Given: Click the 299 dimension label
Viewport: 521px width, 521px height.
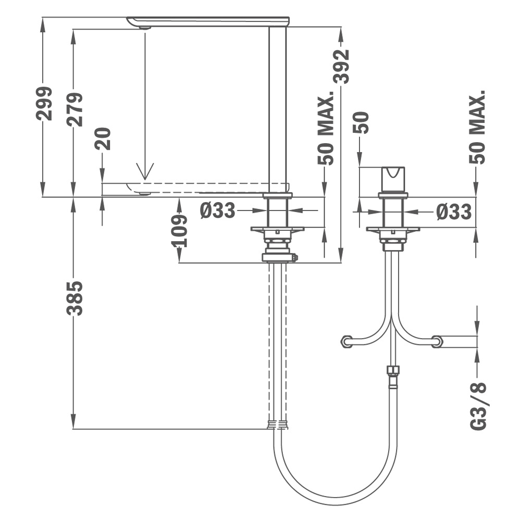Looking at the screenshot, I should [x=45, y=103].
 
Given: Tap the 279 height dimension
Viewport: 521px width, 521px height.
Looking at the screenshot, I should [x=75, y=109].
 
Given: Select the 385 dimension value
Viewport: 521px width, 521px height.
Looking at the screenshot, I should [x=75, y=298].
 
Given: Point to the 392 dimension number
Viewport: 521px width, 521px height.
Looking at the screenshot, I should [x=342, y=66].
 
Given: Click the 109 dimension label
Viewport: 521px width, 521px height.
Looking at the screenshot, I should [x=179, y=230].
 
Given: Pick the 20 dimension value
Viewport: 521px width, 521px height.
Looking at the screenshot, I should [x=105, y=139].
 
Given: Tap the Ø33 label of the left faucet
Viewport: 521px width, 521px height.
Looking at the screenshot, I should [x=217, y=210].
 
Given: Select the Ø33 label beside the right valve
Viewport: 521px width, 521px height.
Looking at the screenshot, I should [x=454, y=212].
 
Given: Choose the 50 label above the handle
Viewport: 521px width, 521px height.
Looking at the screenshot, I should [x=361, y=123].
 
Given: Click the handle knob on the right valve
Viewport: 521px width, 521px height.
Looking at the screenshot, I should [x=393, y=179].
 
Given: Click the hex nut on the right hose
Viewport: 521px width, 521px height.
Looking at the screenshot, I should [x=394, y=371].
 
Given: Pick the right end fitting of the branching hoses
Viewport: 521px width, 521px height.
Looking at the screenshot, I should [x=438, y=342].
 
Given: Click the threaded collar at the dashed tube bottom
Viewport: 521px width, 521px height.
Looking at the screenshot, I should [x=278, y=424].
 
